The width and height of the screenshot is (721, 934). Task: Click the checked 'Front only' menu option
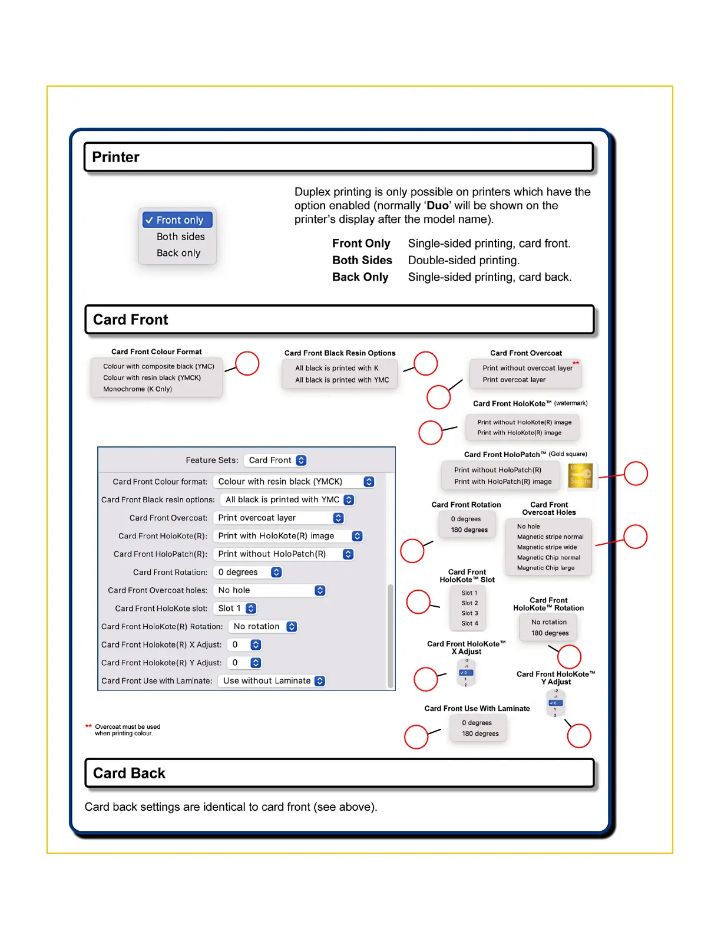pos(177,220)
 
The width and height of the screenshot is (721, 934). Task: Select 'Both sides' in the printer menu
pos(180,236)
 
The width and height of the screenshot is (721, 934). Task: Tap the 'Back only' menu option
pos(178,253)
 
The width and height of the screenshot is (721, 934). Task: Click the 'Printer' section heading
pos(116,157)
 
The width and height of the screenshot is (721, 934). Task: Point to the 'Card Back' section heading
pos(129,773)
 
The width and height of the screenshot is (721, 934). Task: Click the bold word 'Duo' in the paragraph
pos(437,206)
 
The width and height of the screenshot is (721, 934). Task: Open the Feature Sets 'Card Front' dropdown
pos(276,461)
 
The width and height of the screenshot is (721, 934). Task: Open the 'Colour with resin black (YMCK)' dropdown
pos(294,482)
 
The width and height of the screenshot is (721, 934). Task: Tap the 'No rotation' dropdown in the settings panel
pos(264,627)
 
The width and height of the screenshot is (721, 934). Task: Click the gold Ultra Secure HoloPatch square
pos(580,476)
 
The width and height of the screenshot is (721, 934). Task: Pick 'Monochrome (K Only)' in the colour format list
pos(137,389)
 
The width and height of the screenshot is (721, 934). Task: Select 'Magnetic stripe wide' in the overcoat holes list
pos(547,547)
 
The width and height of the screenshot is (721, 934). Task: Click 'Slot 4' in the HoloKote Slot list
pos(469,623)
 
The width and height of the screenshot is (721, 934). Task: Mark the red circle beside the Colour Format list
pos(247,363)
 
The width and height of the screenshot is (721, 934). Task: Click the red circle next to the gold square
pos(636,473)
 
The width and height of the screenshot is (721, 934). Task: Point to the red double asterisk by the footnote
pos(88,726)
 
